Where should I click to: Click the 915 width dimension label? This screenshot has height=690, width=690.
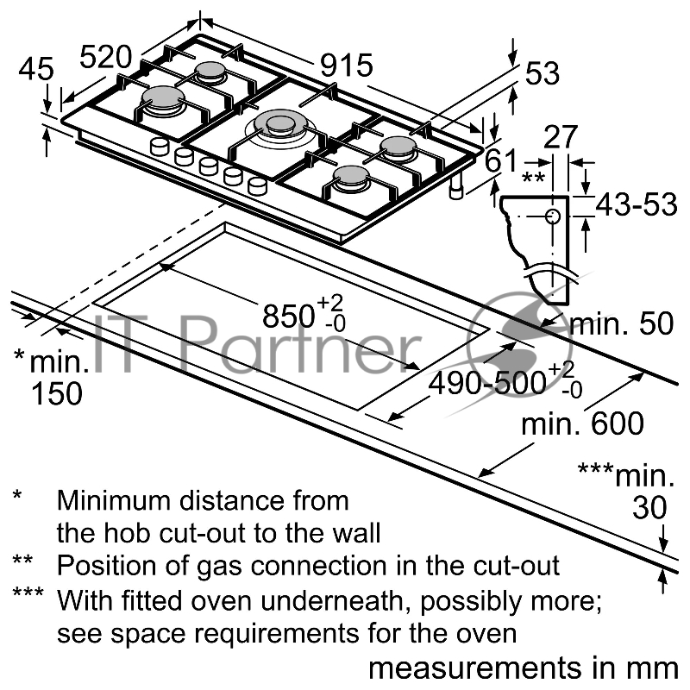click(346, 66)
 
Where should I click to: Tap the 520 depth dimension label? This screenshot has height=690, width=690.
click(106, 57)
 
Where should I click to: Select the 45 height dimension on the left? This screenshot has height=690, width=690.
click(35, 70)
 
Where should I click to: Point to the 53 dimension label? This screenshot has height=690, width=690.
click(542, 75)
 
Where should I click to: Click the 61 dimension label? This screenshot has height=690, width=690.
click(501, 161)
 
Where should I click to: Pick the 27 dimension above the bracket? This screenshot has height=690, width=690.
click(561, 138)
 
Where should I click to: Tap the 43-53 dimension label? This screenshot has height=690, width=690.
click(637, 206)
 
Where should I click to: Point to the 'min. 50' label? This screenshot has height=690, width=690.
click(621, 323)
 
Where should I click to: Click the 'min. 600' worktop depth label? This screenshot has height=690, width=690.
click(583, 423)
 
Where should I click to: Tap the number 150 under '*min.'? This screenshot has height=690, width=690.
click(56, 393)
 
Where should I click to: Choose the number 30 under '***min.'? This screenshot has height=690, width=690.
click(649, 508)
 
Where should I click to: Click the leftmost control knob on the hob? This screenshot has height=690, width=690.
click(160, 147)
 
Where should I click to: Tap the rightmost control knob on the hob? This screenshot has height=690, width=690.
click(257, 185)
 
